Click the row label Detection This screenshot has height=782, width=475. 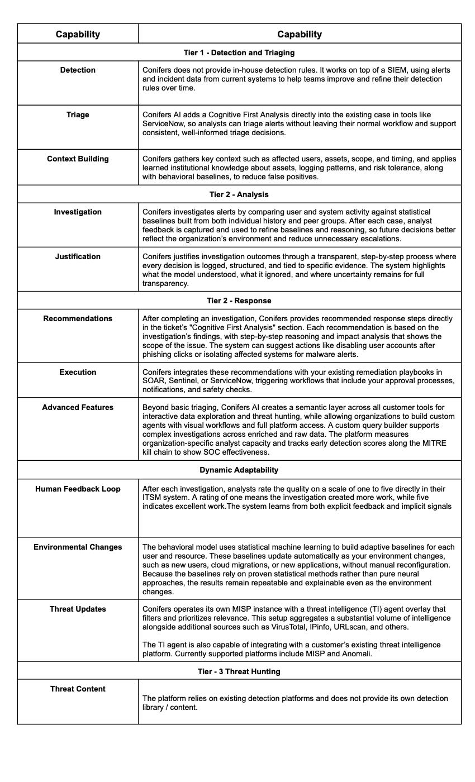[x=78, y=70]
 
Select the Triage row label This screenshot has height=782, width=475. [x=78, y=115]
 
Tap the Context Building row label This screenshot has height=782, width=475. [x=78, y=159]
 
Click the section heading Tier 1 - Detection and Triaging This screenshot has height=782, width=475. [x=239, y=53]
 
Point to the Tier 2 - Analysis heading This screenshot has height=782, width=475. [x=239, y=194]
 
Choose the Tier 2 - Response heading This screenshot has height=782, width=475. [x=239, y=301]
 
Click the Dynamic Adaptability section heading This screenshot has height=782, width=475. [x=239, y=470]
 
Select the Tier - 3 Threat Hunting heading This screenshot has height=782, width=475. [x=239, y=671]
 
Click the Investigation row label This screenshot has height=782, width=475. [x=78, y=212]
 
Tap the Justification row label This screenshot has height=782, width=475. [x=78, y=256]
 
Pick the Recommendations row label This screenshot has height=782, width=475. [x=78, y=318]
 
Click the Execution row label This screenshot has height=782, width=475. [x=78, y=372]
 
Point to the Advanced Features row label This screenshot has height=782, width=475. [x=78, y=407]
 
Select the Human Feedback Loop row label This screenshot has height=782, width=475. [x=78, y=489]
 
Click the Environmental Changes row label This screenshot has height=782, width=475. [x=78, y=547]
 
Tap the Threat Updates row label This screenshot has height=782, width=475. [x=78, y=609]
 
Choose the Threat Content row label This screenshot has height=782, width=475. [x=78, y=689]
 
